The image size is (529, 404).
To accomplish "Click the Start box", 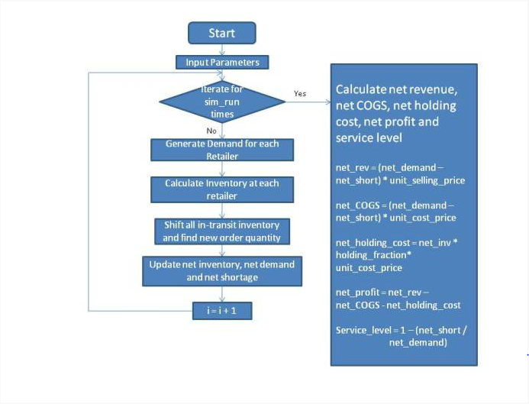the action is point(222,33).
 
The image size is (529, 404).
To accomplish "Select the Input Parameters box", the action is point(222,63).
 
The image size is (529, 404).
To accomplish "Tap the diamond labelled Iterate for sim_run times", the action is point(222,102).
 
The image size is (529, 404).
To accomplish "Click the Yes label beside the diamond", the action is point(300,93).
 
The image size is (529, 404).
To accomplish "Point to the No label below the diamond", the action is point(211,131).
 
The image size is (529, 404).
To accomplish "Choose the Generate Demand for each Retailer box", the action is point(222,150).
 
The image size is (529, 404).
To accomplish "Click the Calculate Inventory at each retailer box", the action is point(222,189).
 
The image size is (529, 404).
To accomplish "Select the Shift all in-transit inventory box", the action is point(222,231).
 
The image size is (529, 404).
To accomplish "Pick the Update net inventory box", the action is point(222,271).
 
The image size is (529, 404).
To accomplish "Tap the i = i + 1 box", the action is point(222,311).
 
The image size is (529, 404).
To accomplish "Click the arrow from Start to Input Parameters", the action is point(222,50).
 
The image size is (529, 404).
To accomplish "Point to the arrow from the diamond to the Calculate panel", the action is point(308,102).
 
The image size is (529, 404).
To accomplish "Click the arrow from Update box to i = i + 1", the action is point(222,294).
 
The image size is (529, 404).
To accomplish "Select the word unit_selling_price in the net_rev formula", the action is point(427,180).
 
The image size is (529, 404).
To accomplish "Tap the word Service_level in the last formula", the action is point(363,330).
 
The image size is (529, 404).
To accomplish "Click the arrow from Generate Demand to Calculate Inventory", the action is point(222,169).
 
